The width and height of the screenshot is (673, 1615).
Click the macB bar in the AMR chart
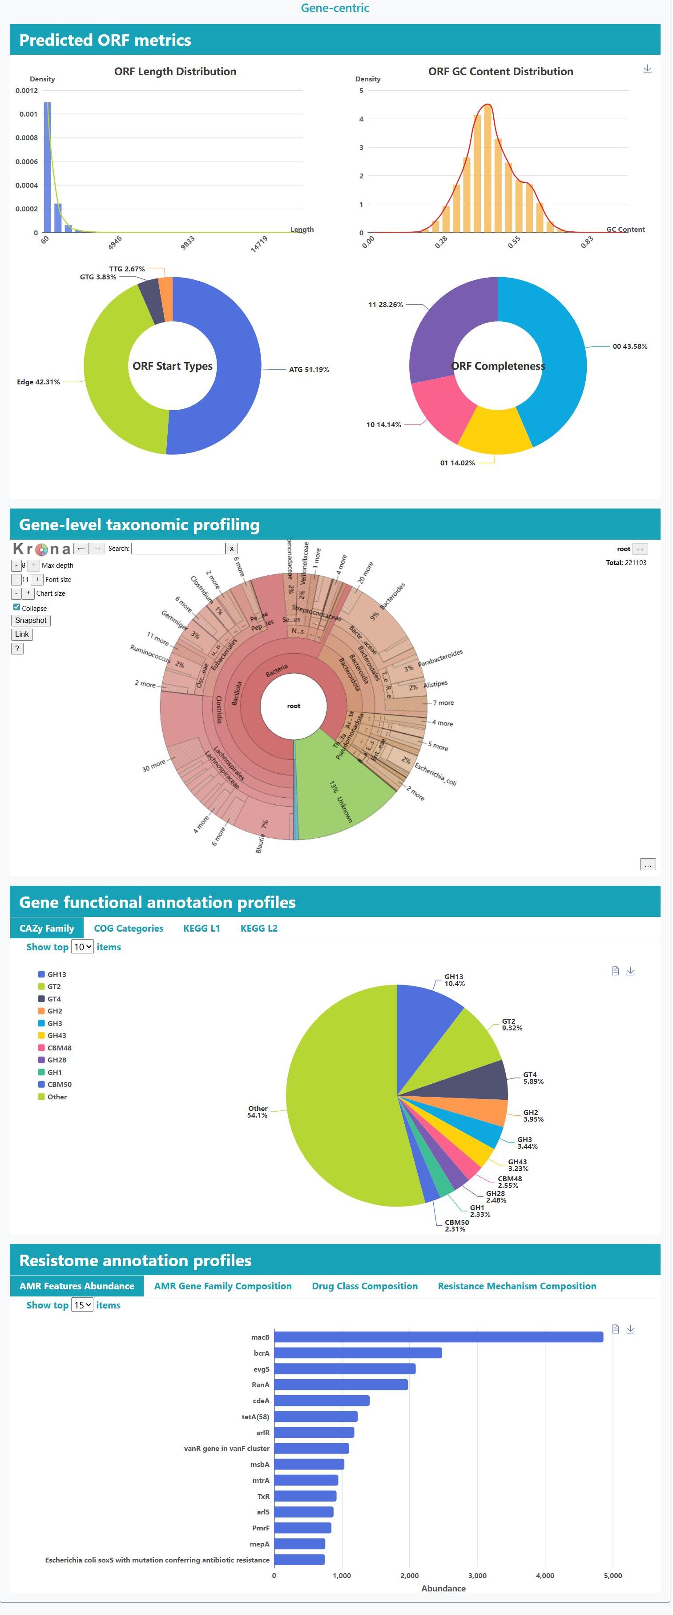(438, 1337)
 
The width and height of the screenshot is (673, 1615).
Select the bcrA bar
(358, 1353)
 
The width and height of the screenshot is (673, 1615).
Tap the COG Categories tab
(129, 928)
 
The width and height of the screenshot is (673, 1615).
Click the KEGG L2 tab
(259, 928)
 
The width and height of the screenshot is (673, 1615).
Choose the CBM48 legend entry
(59, 1048)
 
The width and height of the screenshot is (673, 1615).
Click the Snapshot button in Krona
(31, 620)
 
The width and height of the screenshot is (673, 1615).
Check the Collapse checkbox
(16, 607)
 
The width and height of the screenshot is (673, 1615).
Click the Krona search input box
(178, 549)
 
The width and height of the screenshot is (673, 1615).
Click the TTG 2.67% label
(127, 269)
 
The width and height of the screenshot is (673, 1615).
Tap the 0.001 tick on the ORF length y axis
(28, 114)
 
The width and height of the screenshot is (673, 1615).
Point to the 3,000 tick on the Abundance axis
(477, 1575)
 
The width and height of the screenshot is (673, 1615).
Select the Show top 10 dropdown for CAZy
(83, 947)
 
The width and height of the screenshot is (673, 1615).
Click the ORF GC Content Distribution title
(500, 72)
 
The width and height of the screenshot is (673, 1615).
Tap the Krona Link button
(22, 634)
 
